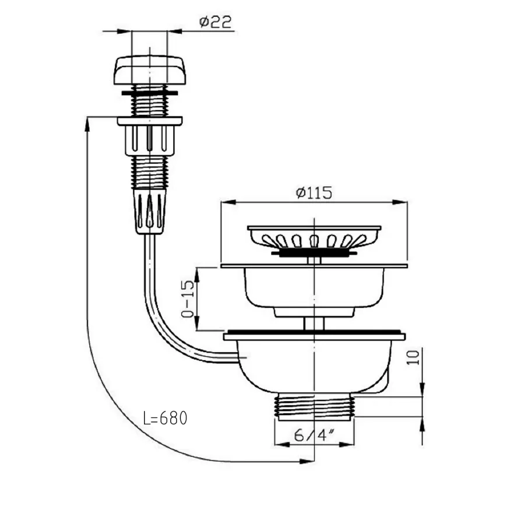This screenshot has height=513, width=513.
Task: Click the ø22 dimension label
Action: click(215, 22)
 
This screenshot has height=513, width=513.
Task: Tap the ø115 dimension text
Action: click(314, 192)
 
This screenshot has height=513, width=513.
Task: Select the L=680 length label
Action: click(165, 418)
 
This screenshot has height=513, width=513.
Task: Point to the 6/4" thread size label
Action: click(314, 435)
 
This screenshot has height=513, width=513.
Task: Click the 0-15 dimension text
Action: click(188, 299)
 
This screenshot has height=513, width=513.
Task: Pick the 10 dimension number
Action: click(413, 357)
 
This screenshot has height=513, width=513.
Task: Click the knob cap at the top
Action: click(150, 71)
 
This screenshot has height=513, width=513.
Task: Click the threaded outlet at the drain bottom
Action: click(314, 407)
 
